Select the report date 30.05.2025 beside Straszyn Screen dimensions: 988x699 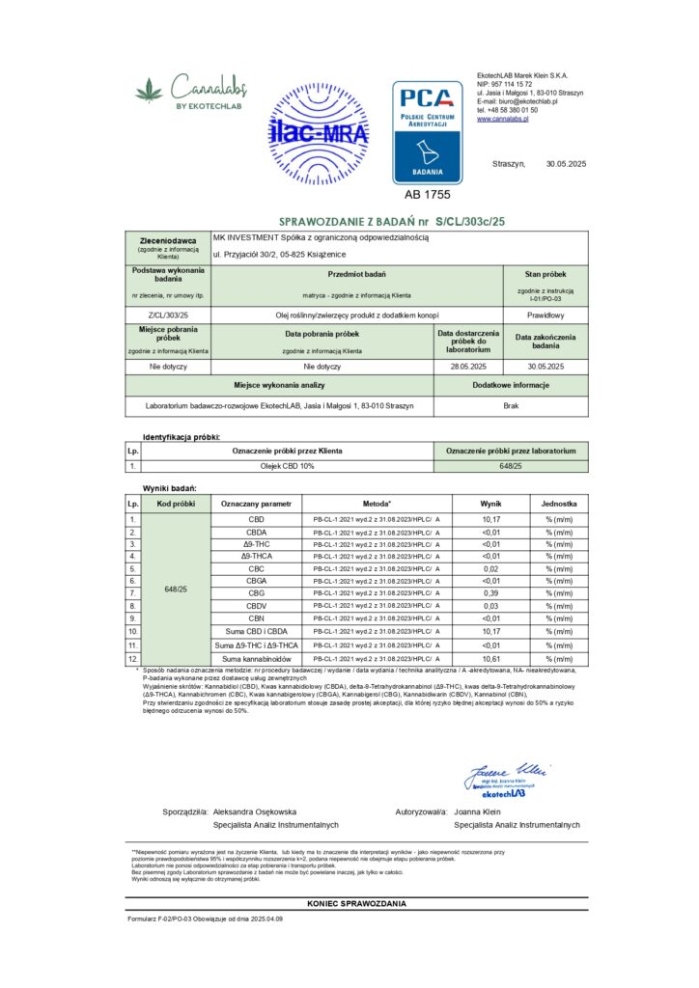[x=566, y=163]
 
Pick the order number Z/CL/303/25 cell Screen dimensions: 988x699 [x=169, y=314]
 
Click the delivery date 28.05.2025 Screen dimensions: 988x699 [x=468, y=367]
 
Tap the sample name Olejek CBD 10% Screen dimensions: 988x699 [x=289, y=466]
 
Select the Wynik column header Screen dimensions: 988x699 [x=490, y=504]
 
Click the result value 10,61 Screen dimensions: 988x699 [x=490, y=659]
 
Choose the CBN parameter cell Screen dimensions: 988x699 [x=256, y=617]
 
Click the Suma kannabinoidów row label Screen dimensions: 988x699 [x=256, y=659]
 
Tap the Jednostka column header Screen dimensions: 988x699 [x=559, y=504]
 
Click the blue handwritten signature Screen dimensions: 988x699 [x=506, y=771]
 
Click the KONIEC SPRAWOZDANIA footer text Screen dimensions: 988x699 [x=356, y=903]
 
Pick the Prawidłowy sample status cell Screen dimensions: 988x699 [x=545, y=314]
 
